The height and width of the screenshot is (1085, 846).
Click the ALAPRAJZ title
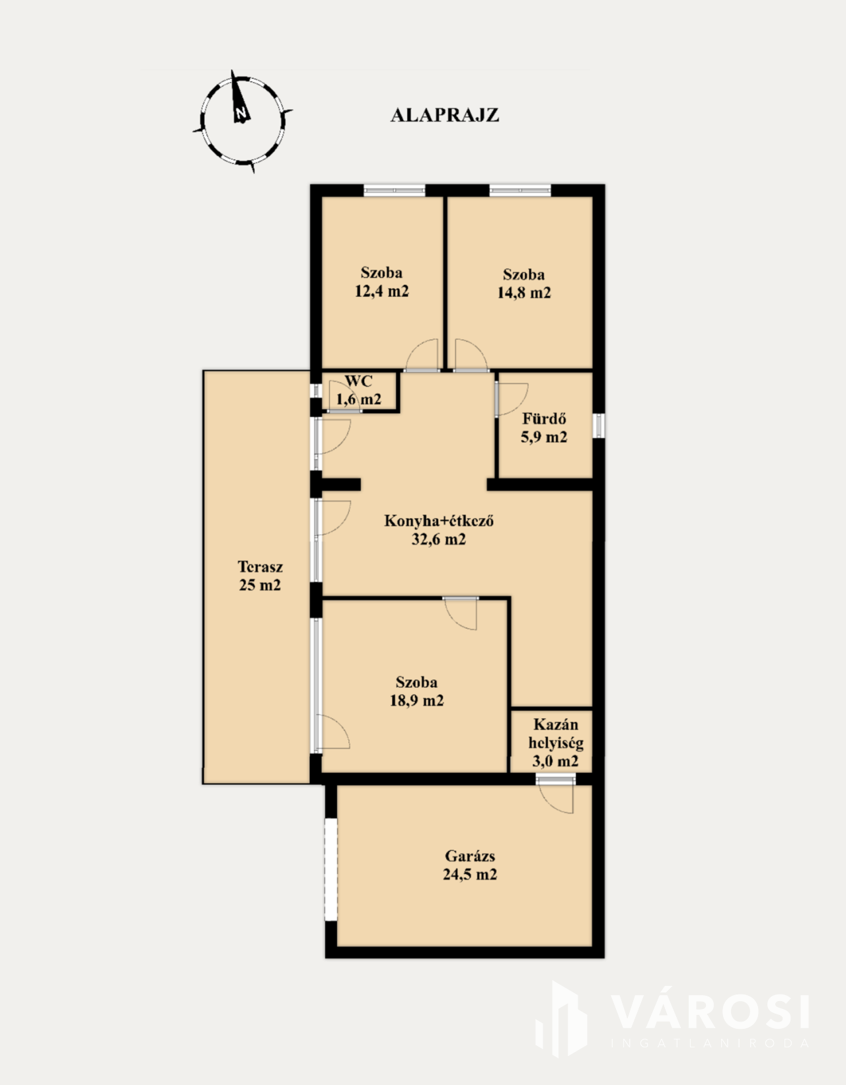point(444,116)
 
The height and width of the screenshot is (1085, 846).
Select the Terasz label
point(260,567)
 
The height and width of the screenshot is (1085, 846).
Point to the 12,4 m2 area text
point(381,291)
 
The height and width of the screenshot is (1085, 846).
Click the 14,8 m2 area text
point(524,292)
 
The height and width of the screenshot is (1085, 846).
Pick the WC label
point(359,381)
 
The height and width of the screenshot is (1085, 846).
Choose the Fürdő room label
point(544,418)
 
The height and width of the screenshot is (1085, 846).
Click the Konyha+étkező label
point(439,521)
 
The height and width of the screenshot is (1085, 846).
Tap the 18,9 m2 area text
point(416,700)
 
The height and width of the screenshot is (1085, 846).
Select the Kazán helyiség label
point(556,733)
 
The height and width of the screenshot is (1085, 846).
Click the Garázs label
point(470,856)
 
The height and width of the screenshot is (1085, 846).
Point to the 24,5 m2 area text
point(470,874)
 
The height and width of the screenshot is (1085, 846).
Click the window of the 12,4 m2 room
point(395,190)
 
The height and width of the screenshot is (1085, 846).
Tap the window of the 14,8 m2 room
point(520,190)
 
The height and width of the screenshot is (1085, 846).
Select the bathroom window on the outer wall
point(599,426)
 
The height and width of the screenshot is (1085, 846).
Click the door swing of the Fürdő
point(512,399)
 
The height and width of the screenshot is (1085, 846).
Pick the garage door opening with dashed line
point(331,869)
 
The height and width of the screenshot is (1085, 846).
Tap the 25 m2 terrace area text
point(260,585)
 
